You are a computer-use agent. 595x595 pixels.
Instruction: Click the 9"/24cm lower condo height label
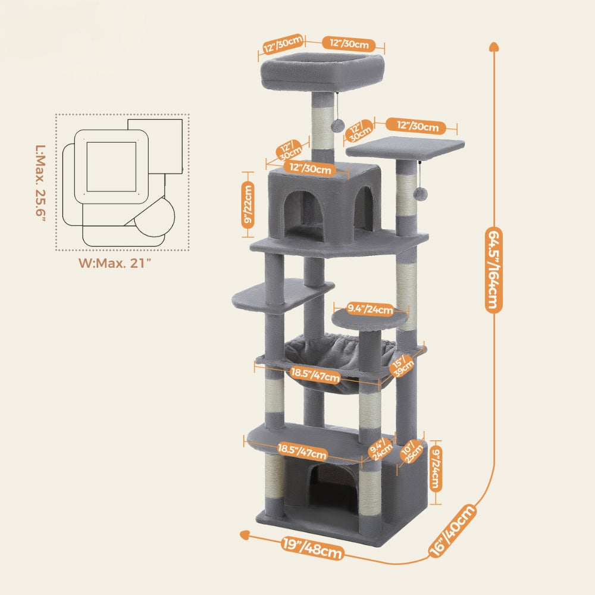436,468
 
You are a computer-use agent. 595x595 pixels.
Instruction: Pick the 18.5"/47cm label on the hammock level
315,375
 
